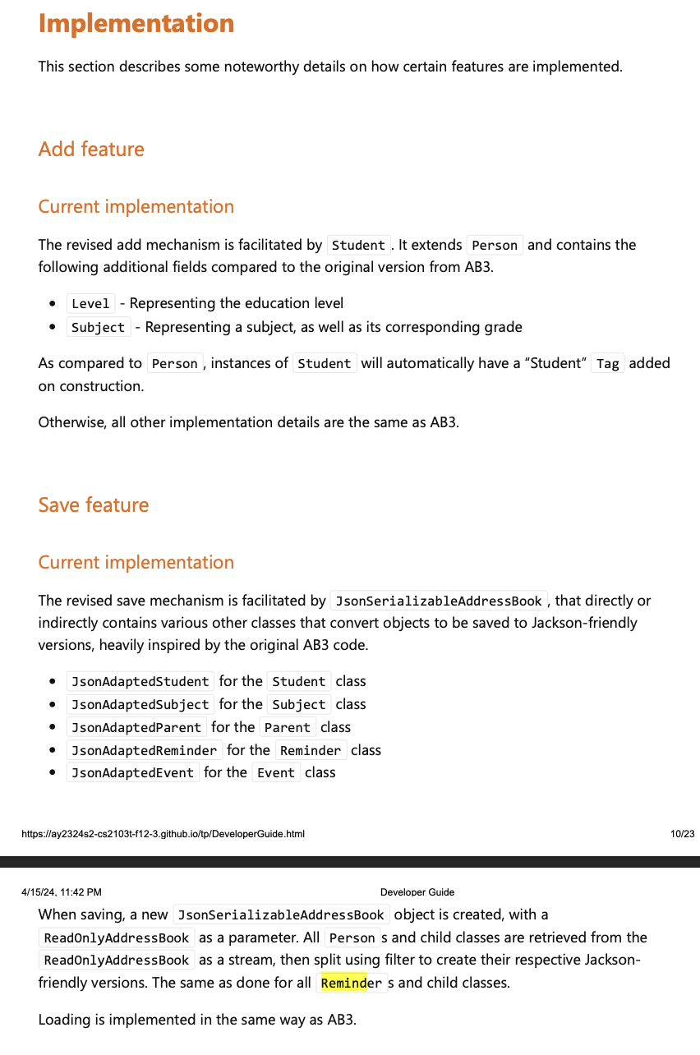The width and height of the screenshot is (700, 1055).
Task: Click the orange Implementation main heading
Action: (136, 23)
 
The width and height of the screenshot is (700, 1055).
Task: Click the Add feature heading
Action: (91, 149)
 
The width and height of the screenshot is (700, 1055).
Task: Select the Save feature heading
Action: (94, 504)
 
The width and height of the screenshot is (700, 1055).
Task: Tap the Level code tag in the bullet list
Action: (90, 304)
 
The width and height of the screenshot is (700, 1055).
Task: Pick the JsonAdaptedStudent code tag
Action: (140, 681)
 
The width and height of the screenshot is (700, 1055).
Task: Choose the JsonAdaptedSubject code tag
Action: (140, 704)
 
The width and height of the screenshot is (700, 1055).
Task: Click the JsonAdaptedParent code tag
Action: (136, 727)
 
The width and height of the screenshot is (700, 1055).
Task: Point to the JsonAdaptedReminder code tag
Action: (145, 750)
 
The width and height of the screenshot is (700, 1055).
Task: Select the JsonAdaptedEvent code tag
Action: (132, 773)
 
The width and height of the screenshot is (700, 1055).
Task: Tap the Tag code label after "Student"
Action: (607, 363)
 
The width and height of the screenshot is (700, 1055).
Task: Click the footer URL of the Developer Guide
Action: (163, 834)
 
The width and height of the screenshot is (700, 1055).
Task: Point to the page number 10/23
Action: (682, 834)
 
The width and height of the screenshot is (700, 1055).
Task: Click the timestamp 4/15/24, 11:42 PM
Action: (62, 892)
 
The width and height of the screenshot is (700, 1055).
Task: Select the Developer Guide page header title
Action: (417, 892)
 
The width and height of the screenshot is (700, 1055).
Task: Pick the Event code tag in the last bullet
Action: (275, 773)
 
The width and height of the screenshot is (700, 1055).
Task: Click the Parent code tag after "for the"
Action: (288, 727)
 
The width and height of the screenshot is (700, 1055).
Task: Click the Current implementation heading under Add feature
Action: (136, 206)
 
